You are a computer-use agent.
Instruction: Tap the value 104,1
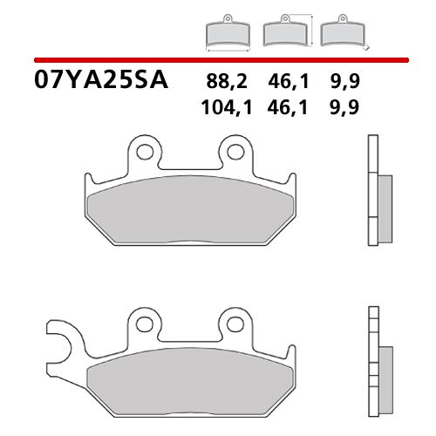(223, 107)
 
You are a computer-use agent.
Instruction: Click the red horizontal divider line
(218, 59)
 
